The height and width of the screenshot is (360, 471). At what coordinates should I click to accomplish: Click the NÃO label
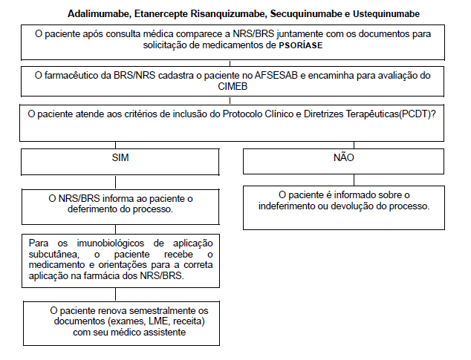[x=343, y=158]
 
